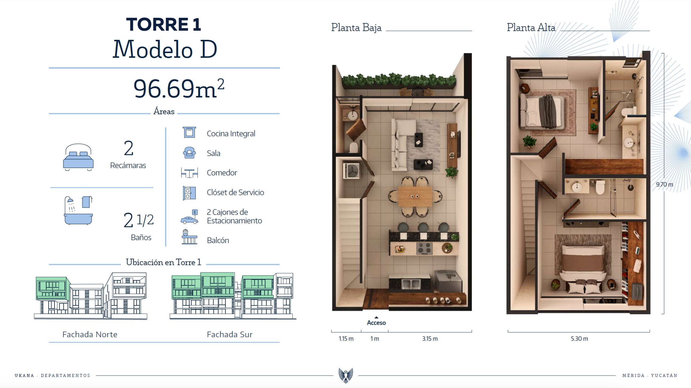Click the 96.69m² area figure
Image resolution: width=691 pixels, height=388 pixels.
tap(179, 89)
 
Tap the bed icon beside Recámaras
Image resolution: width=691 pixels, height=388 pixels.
tap(78, 157)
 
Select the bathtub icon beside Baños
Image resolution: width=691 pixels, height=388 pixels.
tap(78, 210)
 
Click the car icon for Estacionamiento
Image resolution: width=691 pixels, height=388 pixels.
tap(190, 217)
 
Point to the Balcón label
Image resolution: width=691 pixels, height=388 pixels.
tap(218, 240)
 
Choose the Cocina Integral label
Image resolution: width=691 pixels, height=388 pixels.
tap(231, 134)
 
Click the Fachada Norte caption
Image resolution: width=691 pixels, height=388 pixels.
tap(90, 334)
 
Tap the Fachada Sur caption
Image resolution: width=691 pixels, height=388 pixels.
tap(230, 334)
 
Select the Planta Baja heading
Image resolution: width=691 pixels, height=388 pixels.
tap(356, 28)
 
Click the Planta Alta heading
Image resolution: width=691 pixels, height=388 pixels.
tap(531, 28)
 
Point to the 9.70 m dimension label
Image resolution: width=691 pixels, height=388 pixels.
tap(665, 184)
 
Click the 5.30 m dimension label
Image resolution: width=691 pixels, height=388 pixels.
tap(579, 339)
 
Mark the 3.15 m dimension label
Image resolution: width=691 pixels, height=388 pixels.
tap(430, 339)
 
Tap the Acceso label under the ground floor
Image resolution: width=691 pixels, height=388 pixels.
tap(376, 323)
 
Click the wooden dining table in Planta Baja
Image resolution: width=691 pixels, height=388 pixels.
tap(415, 196)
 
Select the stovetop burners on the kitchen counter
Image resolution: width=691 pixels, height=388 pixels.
tap(424, 248)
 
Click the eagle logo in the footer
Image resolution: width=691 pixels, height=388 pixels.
tap(346, 375)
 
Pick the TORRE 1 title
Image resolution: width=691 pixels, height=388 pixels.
tap(164, 24)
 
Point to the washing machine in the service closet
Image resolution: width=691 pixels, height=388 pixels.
tap(352, 171)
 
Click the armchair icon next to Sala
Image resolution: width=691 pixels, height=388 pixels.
tap(189, 153)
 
